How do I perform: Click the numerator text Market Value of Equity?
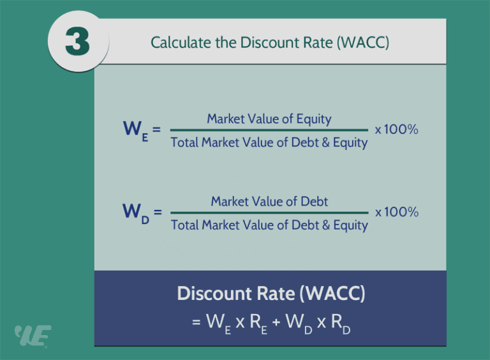pyautogui.click(x=269, y=119)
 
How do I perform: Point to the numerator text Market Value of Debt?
pyautogui.click(x=269, y=202)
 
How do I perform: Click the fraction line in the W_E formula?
pyautogui.click(x=269, y=130)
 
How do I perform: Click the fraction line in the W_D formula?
pyautogui.click(x=269, y=213)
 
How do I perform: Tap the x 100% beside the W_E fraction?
pyautogui.click(x=396, y=130)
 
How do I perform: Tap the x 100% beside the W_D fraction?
pyautogui.click(x=396, y=213)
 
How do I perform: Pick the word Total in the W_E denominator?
pyautogui.click(x=184, y=142)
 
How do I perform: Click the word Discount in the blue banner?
pyautogui.click(x=209, y=294)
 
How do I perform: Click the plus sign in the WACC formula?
pyautogui.click(x=276, y=322)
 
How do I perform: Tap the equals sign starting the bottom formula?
pyautogui.click(x=197, y=322)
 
